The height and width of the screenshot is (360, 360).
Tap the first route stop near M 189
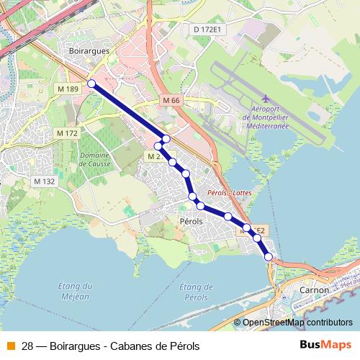[x=91, y=84]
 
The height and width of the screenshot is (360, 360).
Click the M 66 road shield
[x=171, y=101]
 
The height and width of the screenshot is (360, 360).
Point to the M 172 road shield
[x=66, y=134]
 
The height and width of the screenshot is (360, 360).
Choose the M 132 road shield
[x=44, y=181]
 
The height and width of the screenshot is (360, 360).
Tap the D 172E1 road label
[x=209, y=29]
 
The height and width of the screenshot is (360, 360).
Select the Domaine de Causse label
[x=94, y=159]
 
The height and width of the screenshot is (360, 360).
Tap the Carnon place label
[x=314, y=289]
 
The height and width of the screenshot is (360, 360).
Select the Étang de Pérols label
[x=201, y=292]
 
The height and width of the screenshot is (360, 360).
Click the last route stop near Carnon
[x=269, y=256]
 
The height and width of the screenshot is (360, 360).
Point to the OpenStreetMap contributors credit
[x=297, y=323]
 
